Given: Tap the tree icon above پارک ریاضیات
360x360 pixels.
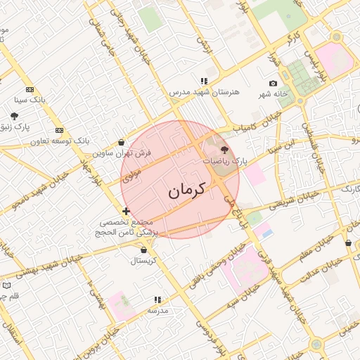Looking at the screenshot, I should point(224,150).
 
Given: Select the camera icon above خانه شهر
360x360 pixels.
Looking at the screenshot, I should point(273,84).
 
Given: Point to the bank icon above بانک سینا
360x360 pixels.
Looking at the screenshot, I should point(30,89).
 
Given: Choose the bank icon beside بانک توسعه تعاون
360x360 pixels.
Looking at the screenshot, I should point(60,130).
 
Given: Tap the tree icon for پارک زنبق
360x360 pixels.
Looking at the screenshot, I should point(14,115).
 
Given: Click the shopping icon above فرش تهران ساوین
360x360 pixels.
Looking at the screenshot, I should point(122,142).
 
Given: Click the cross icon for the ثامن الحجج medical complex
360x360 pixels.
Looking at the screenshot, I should point(126,210).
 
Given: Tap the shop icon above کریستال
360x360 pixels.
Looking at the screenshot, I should point(144,250).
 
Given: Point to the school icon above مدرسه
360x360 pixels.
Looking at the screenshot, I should point(157,300).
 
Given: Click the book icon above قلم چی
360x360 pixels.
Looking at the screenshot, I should point(6,285).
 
